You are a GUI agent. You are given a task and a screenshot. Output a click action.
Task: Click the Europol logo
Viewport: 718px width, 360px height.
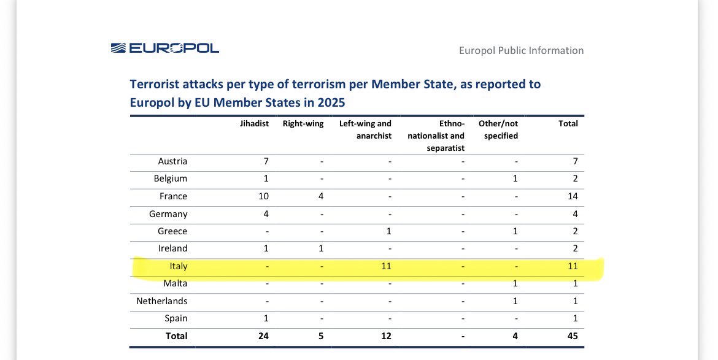[165, 48]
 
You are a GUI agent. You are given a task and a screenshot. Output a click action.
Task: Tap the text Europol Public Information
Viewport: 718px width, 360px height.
[521, 50]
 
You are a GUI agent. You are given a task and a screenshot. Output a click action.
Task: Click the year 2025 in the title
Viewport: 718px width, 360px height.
[331, 102]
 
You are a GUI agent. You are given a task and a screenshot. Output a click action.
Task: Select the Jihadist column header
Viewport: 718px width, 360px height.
[254, 123]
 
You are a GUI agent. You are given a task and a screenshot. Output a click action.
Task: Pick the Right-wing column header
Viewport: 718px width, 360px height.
[303, 123]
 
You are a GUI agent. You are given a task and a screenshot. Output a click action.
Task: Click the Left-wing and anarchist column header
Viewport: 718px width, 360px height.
[365, 129]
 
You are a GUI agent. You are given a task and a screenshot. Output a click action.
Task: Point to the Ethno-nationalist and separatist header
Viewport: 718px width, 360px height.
[436, 136]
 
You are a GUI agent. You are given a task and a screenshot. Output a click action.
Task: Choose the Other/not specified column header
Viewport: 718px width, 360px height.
[498, 129]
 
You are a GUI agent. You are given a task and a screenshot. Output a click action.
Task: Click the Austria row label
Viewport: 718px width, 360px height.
[172, 161]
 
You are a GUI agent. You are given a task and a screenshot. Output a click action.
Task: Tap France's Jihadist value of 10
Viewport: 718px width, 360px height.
[263, 196]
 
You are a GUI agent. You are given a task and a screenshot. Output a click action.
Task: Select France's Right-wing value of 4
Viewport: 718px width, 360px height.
[321, 196]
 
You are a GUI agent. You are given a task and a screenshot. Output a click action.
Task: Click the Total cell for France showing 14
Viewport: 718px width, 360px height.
[573, 196]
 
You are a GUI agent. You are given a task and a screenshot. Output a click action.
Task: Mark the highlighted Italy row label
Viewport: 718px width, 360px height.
[179, 266]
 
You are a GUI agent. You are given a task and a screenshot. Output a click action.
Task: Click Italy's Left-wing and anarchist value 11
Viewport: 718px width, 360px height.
[386, 266]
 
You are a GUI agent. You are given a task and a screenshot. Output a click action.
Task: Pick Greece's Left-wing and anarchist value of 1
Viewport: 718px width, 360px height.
[389, 231]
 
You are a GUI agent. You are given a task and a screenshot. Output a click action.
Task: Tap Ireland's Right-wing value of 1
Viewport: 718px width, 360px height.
[321, 248]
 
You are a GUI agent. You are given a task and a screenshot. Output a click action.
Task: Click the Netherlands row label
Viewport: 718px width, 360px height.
[161, 301]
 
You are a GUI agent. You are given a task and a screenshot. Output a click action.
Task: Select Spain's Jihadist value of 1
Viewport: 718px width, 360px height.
[266, 318]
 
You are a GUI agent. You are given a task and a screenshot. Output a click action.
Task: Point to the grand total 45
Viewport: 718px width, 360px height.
[573, 335]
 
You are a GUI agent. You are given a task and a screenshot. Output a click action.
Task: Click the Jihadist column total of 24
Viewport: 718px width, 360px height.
[263, 335]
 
